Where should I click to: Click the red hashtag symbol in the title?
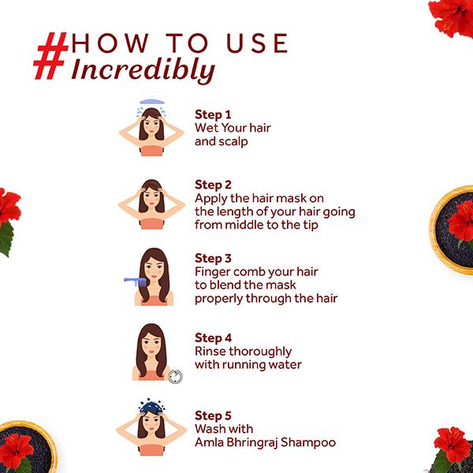pos(50,56)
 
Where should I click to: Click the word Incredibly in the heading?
pos(143,71)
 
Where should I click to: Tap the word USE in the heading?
pos(257,43)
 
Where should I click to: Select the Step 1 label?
pos(213,114)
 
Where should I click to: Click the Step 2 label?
pos(213,185)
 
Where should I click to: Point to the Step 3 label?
pos(213,259)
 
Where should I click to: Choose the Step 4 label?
pos(213,338)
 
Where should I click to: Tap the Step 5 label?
pos(213,415)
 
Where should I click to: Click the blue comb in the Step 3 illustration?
pos(135,282)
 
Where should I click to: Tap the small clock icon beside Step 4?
pos(175,377)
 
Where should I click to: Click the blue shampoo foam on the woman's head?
pos(151,406)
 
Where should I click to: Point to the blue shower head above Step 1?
pos(152,102)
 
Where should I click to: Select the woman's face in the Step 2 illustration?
pos(151,198)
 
